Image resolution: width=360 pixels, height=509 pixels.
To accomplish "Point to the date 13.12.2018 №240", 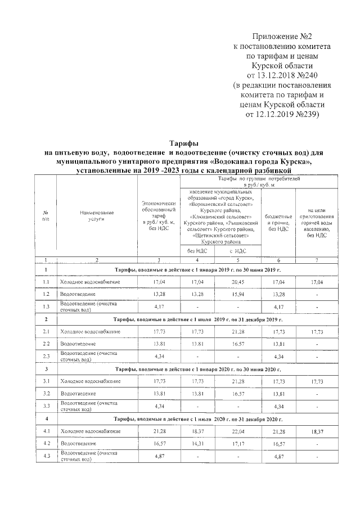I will pyautogui.click(x=283, y=76).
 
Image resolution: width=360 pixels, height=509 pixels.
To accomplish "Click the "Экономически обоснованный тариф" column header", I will pyautogui.click(x=159, y=217).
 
